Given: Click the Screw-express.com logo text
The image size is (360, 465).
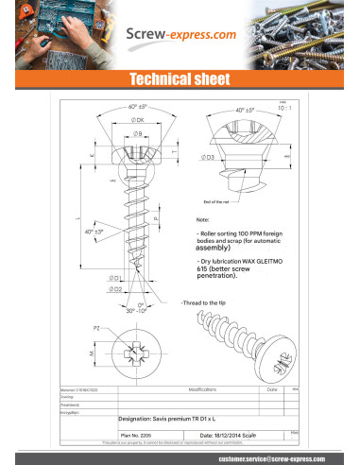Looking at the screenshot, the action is pyautogui.click(x=181, y=35).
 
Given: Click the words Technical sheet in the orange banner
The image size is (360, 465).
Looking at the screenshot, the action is pyautogui.click(x=180, y=78).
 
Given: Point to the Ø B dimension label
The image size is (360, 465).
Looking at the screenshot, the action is pyautogui.click(x=138, y=135).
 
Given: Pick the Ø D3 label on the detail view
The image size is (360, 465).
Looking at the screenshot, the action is pyautogui.click(x=208, y=157).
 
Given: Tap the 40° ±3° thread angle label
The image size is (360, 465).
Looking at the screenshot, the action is pyautogui.click(x=94, y=232).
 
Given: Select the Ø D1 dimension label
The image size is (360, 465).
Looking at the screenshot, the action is pyautogui.click(x=114, y=278).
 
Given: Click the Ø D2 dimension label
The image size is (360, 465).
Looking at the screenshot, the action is pyautogui.click(x=114, y=287).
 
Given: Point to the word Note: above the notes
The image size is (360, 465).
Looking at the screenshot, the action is pyautogui.click(x=203, y=220).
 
